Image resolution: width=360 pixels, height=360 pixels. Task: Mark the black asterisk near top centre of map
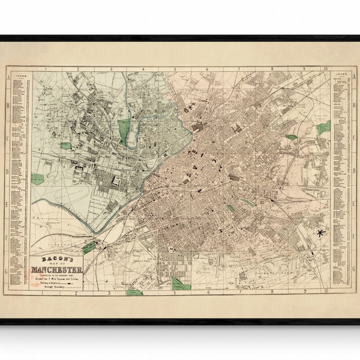(191, 107)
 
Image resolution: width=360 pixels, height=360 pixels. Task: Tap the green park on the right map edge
(324, 127)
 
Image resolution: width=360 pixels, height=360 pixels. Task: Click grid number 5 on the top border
(175, 69)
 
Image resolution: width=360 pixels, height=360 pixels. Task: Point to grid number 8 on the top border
(272, 69)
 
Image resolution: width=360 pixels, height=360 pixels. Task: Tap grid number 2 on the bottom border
(77, 294)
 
